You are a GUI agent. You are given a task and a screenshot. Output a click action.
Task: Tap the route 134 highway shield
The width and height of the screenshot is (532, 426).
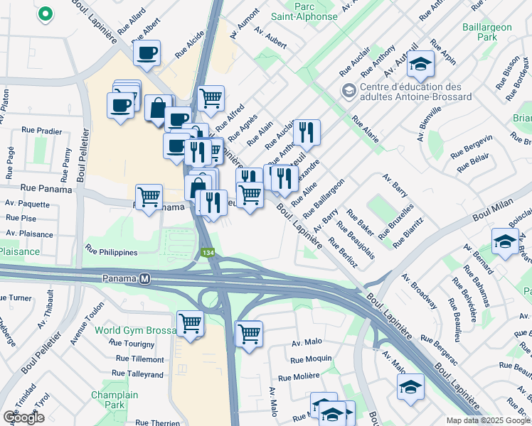[x=208, y=253]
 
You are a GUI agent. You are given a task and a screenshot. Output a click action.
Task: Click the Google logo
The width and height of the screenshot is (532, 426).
[x=23, y=417]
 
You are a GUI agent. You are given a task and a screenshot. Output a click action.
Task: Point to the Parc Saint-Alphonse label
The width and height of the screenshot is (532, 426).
[x=304, y=11]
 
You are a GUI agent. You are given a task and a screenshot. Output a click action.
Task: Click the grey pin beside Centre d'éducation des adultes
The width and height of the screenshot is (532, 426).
[x=349, y=90]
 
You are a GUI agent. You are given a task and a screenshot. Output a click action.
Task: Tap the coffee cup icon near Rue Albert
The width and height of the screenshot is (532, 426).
[x=147, y=53]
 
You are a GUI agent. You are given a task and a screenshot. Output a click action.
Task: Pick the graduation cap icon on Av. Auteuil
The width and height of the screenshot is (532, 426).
[x=421, y=65]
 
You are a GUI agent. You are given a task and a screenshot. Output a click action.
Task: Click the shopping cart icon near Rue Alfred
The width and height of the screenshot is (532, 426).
[x=211, y=98]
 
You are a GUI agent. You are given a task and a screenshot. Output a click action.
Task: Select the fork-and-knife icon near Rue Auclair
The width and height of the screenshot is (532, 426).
[x=307, y=131]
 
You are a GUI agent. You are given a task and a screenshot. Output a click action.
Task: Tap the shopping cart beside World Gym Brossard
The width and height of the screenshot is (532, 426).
[x=190, y=324]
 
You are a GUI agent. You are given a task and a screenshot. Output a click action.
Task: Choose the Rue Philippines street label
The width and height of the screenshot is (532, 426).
[x=112, y=250]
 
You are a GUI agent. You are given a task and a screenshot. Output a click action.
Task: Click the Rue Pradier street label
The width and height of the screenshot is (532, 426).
[x=42, y=131]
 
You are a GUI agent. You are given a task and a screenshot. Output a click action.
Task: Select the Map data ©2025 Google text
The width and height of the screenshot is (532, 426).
[x=489, y=420]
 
